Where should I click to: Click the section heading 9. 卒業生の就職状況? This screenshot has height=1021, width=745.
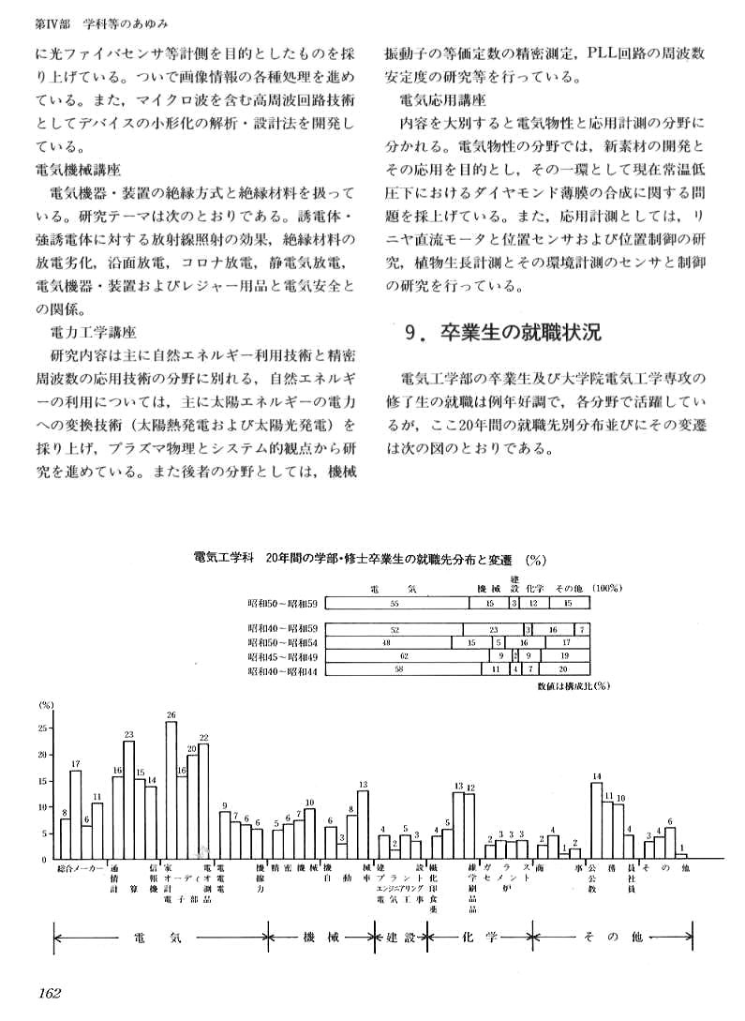[x=501, y=332]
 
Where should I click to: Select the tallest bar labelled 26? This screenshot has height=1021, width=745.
[x=171, y=790]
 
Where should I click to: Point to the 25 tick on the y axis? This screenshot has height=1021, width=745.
[x=43, y=728]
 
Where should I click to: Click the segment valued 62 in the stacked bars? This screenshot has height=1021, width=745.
[x=404, y=656]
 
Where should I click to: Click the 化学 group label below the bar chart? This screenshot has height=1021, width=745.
[x=481, y=938]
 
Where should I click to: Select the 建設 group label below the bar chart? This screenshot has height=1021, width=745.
[x=400, y=938]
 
